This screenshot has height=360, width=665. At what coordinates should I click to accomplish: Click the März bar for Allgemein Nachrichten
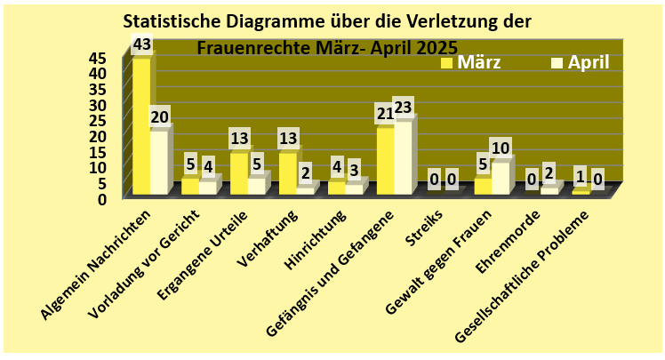click(x=140, y=124)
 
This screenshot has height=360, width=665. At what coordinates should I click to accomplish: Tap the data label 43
click(x=141, y=44)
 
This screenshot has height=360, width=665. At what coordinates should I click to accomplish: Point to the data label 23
click(x=404, y=107)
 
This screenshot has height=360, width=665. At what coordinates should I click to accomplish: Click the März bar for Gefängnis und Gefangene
click(x=385, y=160)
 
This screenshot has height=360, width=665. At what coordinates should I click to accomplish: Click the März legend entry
click(x=479, y=62)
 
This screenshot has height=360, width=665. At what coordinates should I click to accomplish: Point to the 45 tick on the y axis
click(x=97, y=58)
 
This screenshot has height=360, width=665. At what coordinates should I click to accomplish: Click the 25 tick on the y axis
click(x=97, y=120)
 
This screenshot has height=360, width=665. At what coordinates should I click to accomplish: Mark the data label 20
click(x=160, y=116)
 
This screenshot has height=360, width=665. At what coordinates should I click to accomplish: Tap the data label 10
click(x=501, y=148)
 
